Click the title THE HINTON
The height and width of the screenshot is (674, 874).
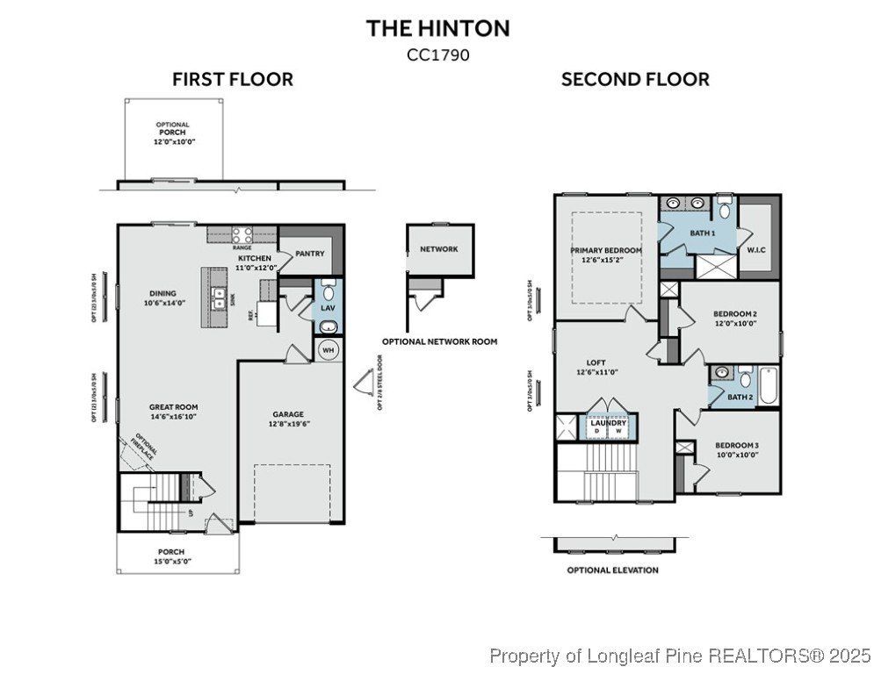(x=437, y=28)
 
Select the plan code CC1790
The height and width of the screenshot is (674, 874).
(x=437, y=54)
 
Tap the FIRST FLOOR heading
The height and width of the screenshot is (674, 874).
(x=233, y=80)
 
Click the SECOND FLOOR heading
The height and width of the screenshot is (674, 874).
(x=635, y=80)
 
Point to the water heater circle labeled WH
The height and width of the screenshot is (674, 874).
(x=329, y=350)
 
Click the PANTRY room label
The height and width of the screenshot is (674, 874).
(x=309, y=254)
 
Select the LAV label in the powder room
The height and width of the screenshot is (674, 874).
(x=328, y=308)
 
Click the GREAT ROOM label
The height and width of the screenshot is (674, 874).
(x=173, y=412)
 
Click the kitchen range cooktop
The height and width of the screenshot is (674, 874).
(x=242, y=235)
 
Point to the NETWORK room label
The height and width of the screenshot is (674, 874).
(x=438, y=249)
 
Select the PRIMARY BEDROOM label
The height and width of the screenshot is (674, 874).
(x=606, y=255)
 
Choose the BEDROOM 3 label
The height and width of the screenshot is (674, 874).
(x=736, y=449)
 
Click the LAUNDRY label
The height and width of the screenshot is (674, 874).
(x=608, y=423)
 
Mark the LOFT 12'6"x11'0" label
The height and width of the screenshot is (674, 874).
(x=596, y=367)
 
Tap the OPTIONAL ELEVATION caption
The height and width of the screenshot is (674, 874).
(x=612, y=570)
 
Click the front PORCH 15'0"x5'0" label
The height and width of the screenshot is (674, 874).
(x=173, y=556)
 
